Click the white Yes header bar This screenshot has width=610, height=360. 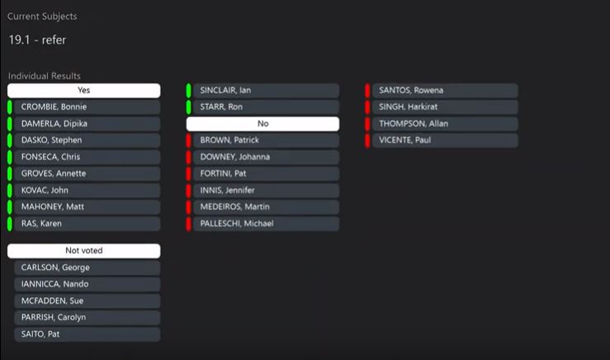click(x=83, y=91)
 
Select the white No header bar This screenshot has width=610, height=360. click(x=262, y=124)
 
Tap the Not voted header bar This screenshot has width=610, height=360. click(x=83, y=251)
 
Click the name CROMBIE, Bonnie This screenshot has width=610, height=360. click(x=54, y=107)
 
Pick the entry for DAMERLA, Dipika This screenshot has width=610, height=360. click(x=54, y=124)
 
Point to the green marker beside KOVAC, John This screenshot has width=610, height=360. click(x=10, y=191)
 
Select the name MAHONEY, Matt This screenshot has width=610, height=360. click(x=53, y=207)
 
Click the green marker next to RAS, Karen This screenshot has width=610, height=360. click(x=10, y=224)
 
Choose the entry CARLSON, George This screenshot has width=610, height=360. click(x=55, y=268)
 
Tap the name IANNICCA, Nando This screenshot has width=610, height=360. click(x=54, y=284)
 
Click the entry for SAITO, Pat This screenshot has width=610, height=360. click(x=40, y=334)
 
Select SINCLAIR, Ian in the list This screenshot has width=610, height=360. click(x=225, y=91)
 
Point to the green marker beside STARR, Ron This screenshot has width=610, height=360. click(x=189, y=107)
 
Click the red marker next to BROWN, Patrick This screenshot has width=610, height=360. click(x=189, y=140)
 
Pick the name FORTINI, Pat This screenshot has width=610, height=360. click(x=223, y=174)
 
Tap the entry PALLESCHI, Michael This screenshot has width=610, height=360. click(x=236, y=224)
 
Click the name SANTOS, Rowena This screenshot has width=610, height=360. click(x=411, y=91)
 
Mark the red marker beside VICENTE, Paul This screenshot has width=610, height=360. click(x=368, y=140)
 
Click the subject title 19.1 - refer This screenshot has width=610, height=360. click(x=37, y=39)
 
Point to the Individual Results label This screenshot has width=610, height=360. click(x=45, y=76)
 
